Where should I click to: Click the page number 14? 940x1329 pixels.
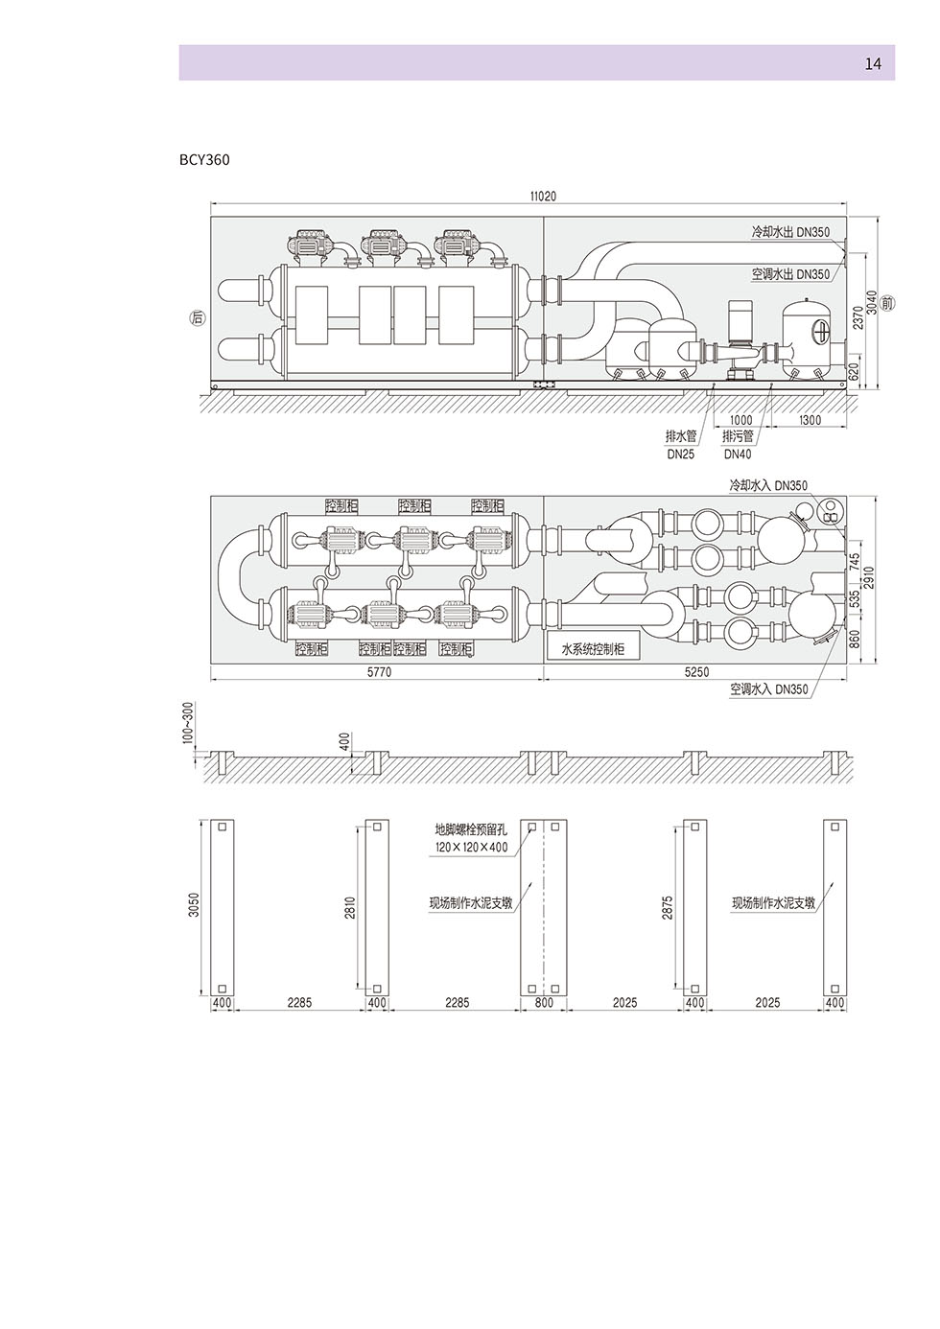873,63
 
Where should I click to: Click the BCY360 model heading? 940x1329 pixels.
204,160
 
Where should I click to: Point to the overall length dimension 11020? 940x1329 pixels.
543,196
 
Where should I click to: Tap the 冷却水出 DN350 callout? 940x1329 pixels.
790,232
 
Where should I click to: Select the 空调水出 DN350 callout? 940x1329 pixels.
790,274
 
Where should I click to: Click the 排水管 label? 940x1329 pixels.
680,436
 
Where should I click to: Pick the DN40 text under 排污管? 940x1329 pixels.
738,454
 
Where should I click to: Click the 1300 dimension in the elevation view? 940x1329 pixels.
810,420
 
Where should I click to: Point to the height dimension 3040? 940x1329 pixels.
871,303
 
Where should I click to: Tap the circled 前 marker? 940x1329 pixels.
888,303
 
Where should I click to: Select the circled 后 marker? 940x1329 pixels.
199,318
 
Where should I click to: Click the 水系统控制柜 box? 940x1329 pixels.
593,648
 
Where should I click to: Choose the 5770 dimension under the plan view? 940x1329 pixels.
380,672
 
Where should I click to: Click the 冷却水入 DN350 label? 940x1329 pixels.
768,485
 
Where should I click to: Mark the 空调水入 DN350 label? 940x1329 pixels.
768,689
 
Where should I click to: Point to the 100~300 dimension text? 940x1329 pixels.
188,723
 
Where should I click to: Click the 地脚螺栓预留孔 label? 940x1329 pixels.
471,828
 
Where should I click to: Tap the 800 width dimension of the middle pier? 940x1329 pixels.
544,1003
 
